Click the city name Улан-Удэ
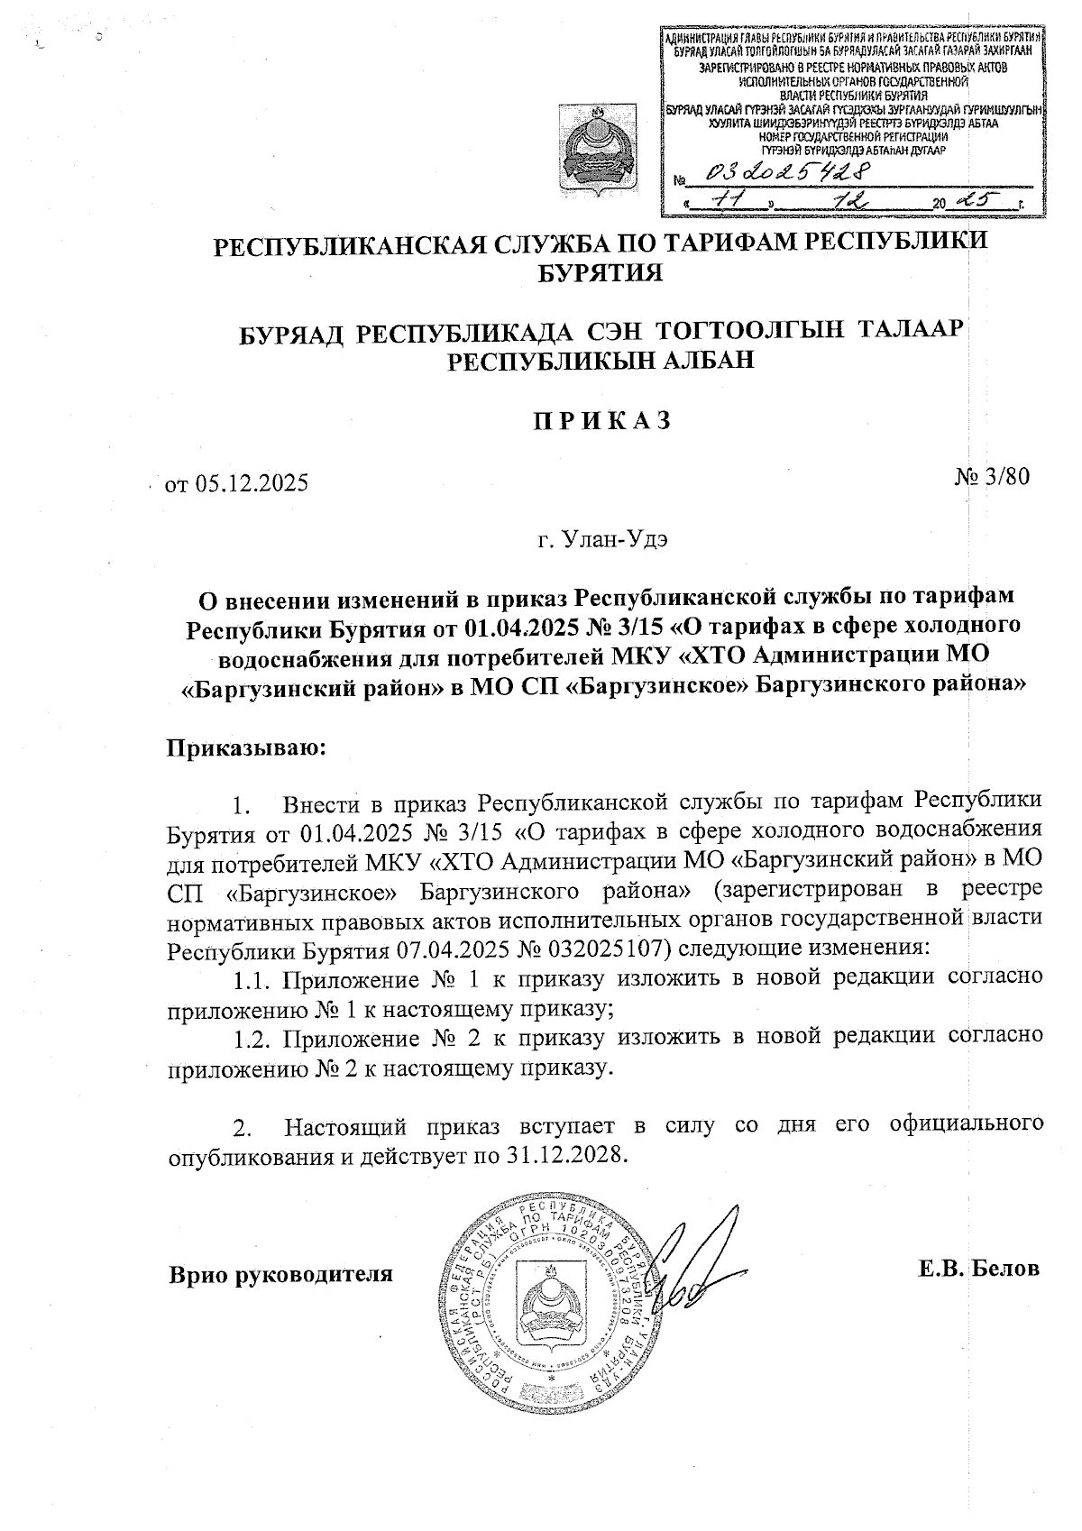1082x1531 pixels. point(602,540)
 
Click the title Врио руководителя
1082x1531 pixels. point(280,1274)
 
